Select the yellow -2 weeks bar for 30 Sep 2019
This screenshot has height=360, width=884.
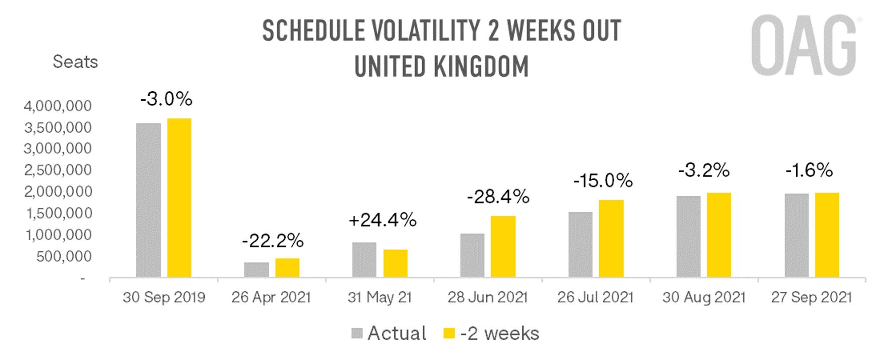(x=179, y=198)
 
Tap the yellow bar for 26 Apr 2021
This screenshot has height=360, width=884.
(x=287, y=268)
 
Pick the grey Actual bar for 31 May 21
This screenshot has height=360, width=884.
(x=364, y=260)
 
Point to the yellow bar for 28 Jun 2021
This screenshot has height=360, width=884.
(x=503, y=247)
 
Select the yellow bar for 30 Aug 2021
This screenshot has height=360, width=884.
(x=719, y=235)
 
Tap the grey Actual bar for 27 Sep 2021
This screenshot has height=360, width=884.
(x=796, y=235)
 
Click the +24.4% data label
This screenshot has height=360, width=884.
(x=382, y=220)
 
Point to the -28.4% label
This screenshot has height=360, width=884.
(x=498, y=197)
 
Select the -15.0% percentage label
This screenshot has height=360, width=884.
(x=603, y=180)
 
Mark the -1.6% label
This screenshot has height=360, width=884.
(x=809, y=170)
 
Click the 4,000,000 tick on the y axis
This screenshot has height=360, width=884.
(x=58, y=106)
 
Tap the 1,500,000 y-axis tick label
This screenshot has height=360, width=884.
(x=59, y=214)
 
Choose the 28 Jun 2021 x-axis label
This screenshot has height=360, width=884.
(x=487, y=297)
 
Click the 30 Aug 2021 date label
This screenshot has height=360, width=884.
(x=703, y=297)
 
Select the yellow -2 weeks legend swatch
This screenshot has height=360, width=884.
(x=449, y=333)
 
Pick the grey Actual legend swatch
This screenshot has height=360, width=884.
(x=357, y=333)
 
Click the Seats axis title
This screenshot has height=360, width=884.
(x=75, y=62)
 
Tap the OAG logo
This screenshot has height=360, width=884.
(x=804, y=45)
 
